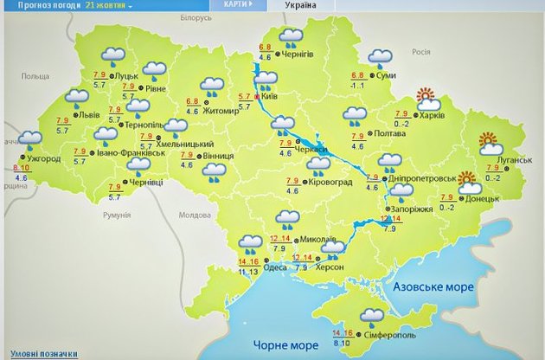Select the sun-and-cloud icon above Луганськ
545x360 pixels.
click(x=489, y=144)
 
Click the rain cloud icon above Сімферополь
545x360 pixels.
click(x=372, y=317)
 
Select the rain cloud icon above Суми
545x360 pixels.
click(x=379, y=57)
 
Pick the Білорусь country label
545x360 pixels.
click(x=195, y=17)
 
